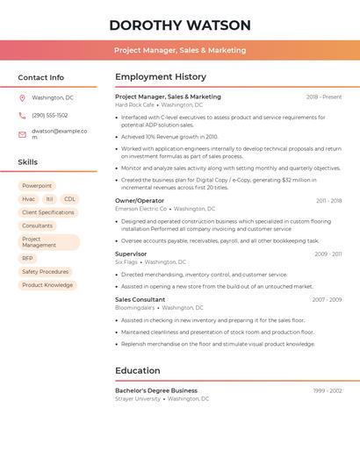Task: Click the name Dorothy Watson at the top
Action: [x=180, y=25]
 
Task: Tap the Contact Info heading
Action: [x=40, y=77]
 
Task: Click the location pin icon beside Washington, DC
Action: [x=22, y=97]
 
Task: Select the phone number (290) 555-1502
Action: [x=49, y=115]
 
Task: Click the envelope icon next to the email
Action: [x=22, y=134]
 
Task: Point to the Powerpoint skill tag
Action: [x=37, y=186]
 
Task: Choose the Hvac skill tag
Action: [x=28, y=199]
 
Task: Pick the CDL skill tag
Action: [x=70, y=199]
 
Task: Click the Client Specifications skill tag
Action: [x=48, y=212]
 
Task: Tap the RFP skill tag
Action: [x=28, y=259]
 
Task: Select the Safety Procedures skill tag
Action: [x=45, y=272]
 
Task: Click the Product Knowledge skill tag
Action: [x=47, y=285]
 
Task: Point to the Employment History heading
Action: [x=161, y=77]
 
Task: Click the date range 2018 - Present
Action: [x=324, y=97]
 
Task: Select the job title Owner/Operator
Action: [x=140, y=201]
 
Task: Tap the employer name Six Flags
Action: [x=126, y=261]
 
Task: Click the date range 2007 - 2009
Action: [x=327, y=300]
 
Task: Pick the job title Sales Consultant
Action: [x=140, y=300]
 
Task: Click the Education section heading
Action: [x=137, y=371]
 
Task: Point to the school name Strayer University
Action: [x=138, y=398]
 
